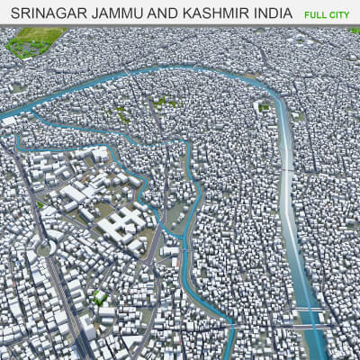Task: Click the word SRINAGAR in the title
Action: tap(46, 15)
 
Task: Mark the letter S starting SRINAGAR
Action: tap(12, 15)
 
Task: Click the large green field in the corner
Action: tap(36, 40)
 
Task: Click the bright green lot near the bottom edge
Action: tap(100, 298)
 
